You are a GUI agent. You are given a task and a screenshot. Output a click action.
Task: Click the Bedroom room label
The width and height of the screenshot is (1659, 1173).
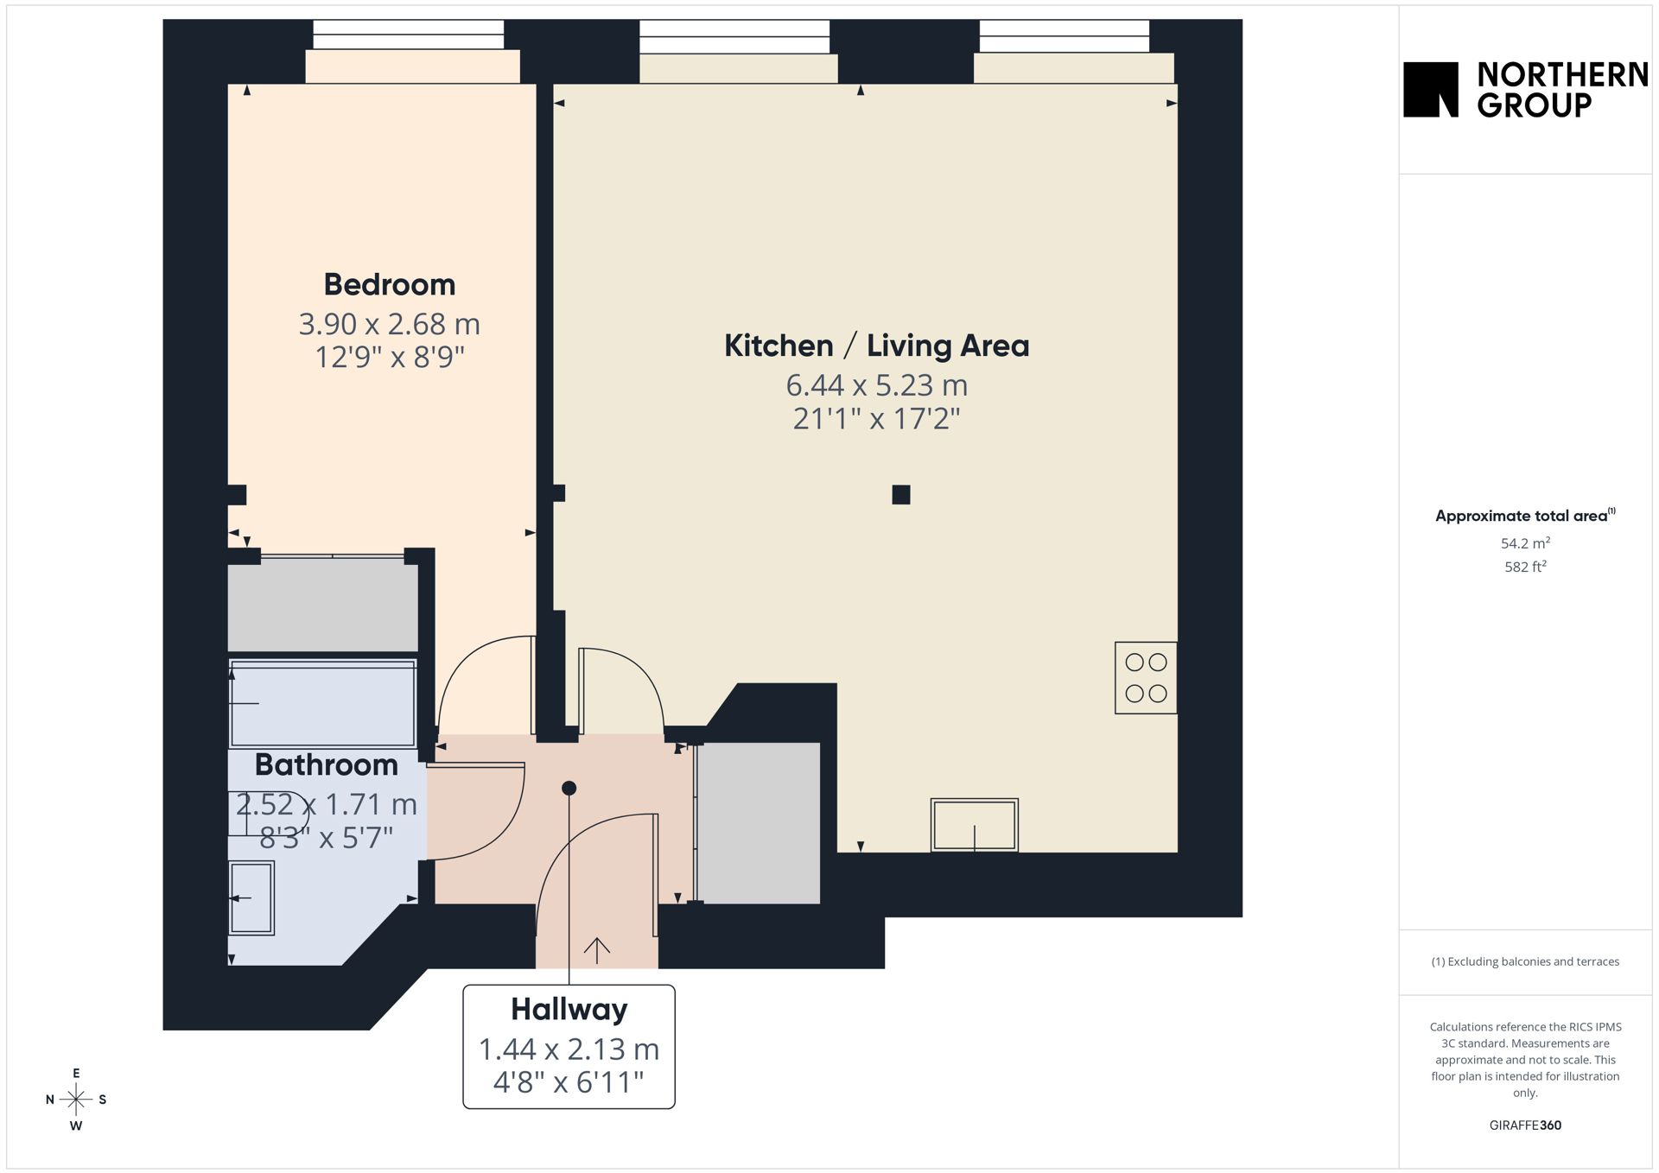389,284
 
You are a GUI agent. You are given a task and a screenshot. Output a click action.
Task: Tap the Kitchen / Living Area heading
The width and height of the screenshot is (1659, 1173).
876,346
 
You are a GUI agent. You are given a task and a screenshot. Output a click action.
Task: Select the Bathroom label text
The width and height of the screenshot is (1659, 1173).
326,764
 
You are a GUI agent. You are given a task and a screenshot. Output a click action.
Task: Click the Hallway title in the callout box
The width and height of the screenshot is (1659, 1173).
569,1009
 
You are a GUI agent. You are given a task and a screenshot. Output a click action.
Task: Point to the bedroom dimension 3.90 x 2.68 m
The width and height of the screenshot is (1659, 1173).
389,324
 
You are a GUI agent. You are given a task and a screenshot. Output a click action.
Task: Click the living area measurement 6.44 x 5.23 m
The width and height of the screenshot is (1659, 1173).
876,385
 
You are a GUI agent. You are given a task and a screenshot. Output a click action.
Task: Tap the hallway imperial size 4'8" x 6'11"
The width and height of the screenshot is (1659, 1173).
569,1081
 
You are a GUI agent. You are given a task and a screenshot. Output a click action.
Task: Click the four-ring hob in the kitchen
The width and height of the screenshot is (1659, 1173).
1146,678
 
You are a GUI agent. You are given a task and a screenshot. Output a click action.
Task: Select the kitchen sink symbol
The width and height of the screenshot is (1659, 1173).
974,825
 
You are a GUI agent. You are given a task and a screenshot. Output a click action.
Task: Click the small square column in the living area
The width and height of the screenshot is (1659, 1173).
901,495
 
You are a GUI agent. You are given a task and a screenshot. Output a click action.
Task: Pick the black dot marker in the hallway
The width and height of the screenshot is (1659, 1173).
569,788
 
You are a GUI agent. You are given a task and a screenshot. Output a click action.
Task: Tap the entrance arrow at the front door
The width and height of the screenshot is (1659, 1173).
597,950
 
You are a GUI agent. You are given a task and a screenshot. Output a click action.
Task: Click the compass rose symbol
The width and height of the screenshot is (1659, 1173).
76,1100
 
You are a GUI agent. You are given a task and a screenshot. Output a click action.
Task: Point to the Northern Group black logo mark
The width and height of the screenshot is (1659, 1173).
1431,89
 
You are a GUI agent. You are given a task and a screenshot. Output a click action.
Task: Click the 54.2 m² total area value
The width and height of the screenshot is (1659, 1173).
1525,543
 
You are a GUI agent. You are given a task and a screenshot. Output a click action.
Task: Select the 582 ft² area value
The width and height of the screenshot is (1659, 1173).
1525,567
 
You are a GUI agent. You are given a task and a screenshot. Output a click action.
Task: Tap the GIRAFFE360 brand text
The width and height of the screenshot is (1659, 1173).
1525,1125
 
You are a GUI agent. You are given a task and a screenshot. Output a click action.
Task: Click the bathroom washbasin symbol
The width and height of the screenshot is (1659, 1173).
251,898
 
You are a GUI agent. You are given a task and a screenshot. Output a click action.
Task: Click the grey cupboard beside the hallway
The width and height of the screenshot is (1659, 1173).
759,823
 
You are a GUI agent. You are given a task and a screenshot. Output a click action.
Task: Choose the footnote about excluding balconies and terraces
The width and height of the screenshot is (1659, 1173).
1525,961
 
